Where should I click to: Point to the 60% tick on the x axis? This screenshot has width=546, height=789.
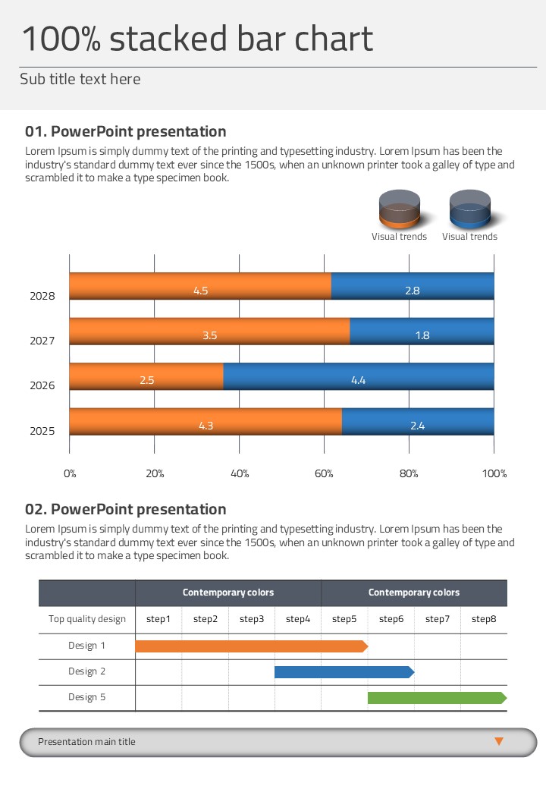click(324, 473)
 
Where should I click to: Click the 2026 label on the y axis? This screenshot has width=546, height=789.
click(42, 385)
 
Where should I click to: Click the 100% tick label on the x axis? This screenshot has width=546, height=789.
click(494, 473)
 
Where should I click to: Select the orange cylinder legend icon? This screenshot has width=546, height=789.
click(400, 209)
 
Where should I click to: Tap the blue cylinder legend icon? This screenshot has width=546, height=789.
click(470, 209)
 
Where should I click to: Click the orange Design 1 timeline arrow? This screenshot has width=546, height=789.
click(251, 646)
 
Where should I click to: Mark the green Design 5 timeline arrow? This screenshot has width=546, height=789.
click(437, 698)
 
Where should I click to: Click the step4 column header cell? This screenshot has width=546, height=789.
click(298, 619)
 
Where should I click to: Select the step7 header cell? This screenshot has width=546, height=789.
click(438, 619)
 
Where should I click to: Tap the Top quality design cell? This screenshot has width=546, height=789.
click(87, 619)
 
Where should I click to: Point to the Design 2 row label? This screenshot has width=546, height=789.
click(87, 671)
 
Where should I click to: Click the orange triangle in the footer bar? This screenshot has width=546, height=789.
click(499, 741)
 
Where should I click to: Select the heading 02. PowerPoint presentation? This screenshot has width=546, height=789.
click(126, 509)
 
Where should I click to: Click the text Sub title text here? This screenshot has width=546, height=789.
click(80, 79)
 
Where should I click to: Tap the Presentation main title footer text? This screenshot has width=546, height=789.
click(86, 742)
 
